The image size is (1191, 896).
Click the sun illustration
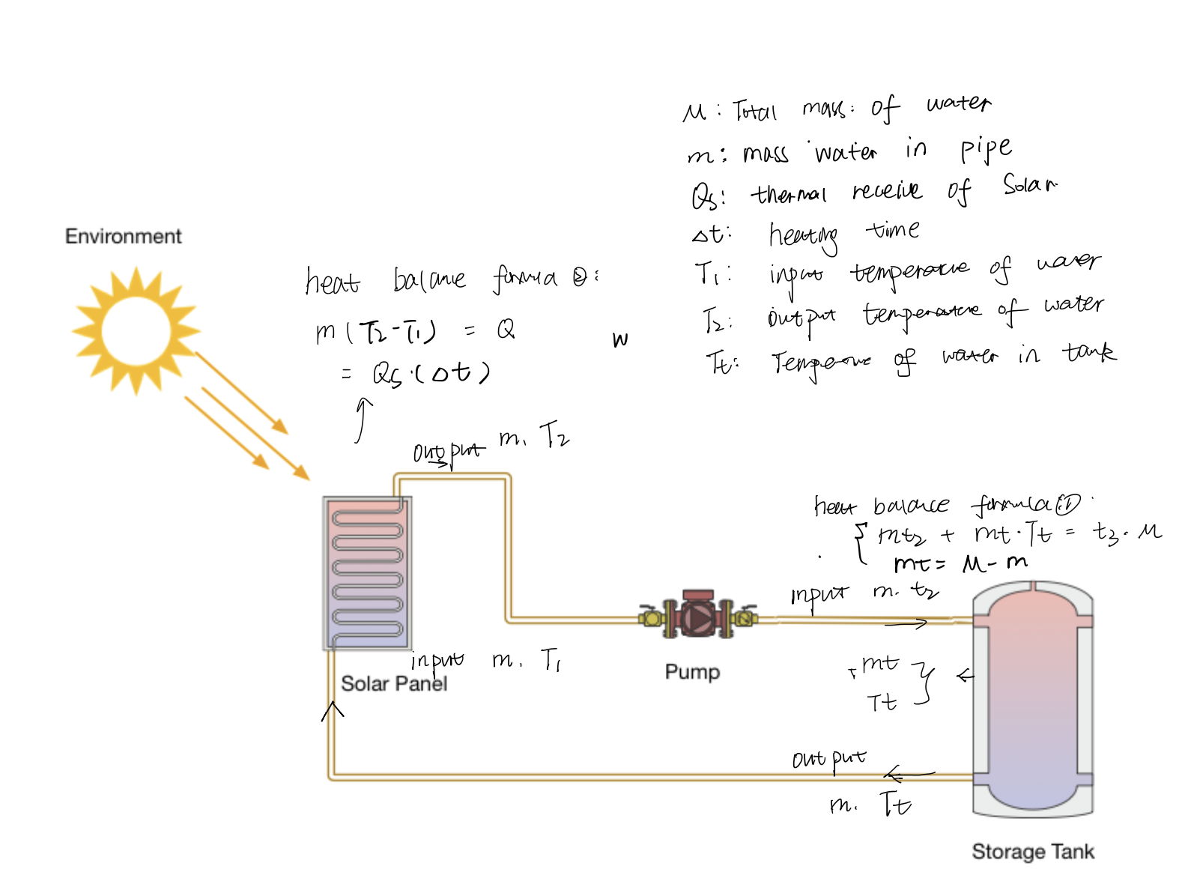tap(136, 330)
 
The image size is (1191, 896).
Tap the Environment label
tap(123, 237)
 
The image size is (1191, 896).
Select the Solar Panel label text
tap(393, 683)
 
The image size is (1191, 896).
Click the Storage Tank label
tap(1032, 852)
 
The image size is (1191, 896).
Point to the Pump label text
tap(692, 672)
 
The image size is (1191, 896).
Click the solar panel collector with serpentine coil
tap(367, 573)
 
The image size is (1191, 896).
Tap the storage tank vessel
tap(1032, 697)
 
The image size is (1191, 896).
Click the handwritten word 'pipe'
tap(986, 150)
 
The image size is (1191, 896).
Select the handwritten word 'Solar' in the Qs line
tap(1029, 184)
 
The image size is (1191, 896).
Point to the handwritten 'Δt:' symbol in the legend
tap(710, 235)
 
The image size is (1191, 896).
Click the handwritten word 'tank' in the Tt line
tap(1088, 352)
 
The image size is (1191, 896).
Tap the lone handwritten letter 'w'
tap(619, 341)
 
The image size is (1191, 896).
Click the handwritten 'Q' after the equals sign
tap(506, 329)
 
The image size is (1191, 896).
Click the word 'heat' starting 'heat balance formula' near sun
tap(332, 282)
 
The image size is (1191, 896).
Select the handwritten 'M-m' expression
tap(995, 563)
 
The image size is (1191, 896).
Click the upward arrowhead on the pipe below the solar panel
tap(333, 707)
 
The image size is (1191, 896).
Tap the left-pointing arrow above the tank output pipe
tap(908, 774)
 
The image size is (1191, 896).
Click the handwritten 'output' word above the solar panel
tap(448, 452)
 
